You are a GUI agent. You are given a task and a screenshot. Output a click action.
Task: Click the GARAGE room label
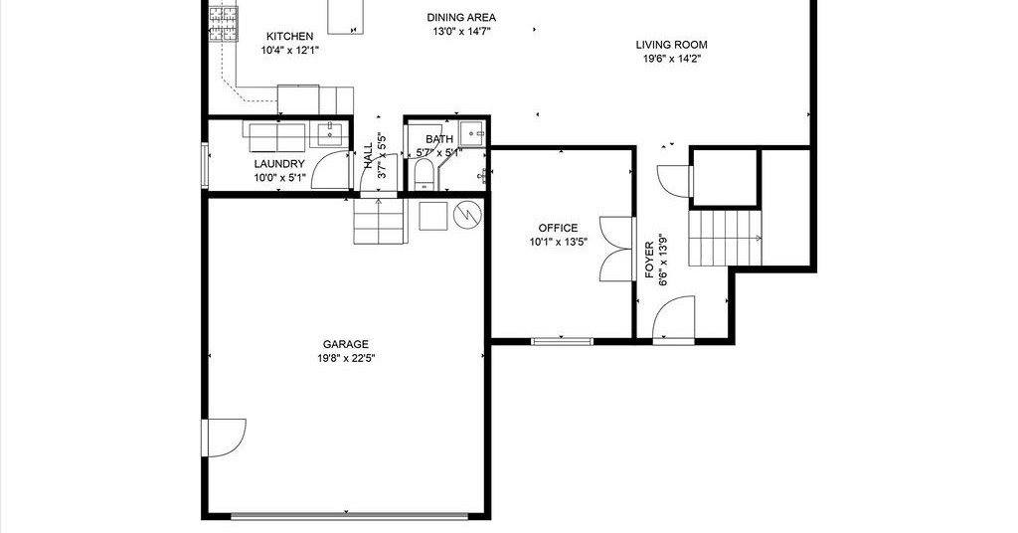[345, 344]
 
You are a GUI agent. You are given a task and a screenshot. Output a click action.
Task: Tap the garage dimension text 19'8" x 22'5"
[345, 358]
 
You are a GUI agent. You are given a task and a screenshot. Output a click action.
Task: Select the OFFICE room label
[559, 228]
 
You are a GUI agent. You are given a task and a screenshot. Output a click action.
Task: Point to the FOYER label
[649, 261]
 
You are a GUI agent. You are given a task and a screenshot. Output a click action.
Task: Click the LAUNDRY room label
[279, 164]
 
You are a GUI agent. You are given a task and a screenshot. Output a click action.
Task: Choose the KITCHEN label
[289, 37]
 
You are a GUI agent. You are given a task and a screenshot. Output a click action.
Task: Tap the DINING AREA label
[461, 18]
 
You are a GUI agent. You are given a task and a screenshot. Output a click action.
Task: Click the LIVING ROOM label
[671, 45]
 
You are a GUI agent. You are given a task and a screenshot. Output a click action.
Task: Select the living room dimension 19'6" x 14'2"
[671, 59]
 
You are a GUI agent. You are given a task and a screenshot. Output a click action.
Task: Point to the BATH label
[439, 139]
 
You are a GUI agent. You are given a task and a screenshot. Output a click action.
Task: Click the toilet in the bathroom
[424, 175]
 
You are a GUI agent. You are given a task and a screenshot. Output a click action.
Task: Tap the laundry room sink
[330, 134]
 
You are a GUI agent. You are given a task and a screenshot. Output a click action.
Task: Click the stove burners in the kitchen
[223, 24]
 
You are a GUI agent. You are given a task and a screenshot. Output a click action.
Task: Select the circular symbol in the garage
[467, 215]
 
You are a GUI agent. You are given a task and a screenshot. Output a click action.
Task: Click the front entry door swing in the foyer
[673, 317]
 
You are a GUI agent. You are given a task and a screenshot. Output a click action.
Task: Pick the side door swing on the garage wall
[224, 438]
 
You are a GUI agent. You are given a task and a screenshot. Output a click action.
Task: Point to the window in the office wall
[563, 341]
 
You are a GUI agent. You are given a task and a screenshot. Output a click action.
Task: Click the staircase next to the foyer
[725, 239]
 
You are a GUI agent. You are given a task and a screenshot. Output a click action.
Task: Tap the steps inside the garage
[380, 221]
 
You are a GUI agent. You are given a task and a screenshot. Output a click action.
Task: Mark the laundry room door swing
[331, 169]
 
